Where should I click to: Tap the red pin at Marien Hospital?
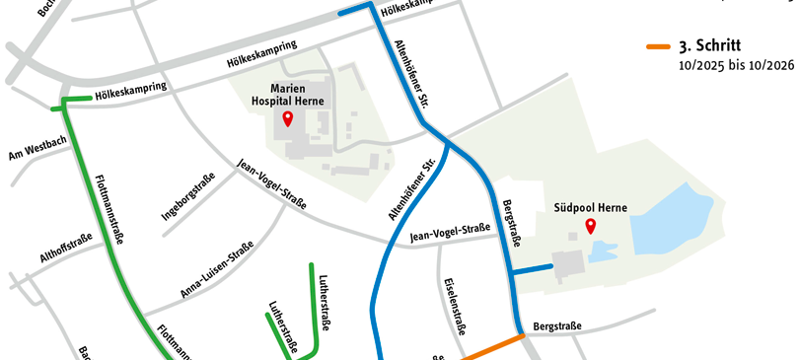point(288,120)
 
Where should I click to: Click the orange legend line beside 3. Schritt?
point(658,46)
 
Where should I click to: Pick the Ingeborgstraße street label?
point(186,196)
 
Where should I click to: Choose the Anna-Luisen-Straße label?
point(217,270)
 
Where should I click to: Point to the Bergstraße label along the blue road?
point(509,221)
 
